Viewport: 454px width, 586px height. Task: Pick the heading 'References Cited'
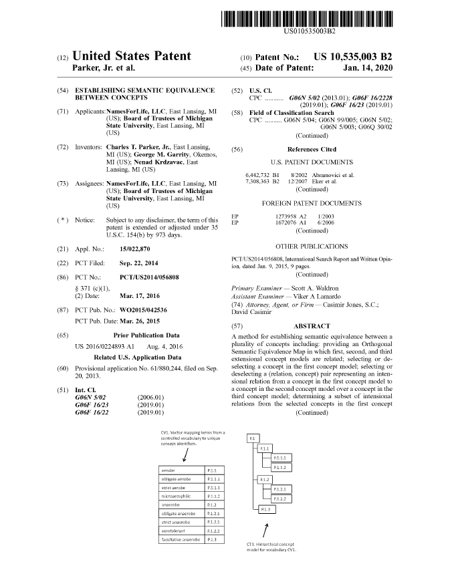pos(312,150)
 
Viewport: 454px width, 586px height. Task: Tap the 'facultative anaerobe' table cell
pos(179,539)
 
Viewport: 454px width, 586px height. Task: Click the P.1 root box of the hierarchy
pos(252,438)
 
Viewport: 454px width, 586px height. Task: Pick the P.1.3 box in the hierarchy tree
pos(266,510)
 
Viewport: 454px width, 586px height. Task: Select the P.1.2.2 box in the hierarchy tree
pos(281,498)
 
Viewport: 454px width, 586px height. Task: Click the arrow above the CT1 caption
pos(267,531)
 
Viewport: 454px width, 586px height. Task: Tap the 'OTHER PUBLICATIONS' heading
pos(312,247)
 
